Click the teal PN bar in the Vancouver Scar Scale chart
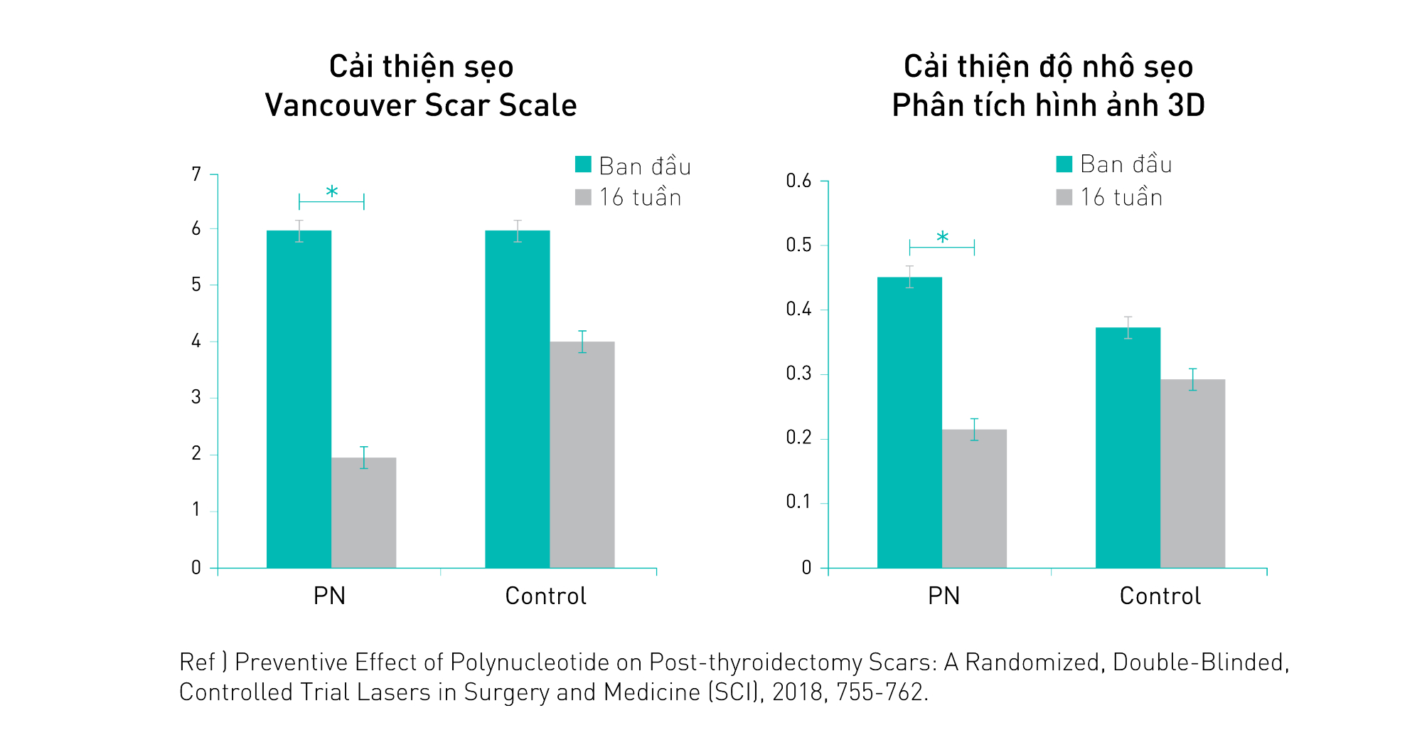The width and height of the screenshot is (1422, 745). point(299,398)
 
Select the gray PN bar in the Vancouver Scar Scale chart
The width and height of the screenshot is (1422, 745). point(363,512)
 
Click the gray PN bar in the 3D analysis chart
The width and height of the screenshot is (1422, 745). point(974,498)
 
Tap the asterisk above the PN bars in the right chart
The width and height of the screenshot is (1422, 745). point(942,238)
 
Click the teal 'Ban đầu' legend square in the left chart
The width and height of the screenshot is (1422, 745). point(583,164)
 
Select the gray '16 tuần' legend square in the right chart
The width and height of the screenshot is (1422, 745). point(1064,197)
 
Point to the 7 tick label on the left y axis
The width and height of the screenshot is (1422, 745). point(196,174)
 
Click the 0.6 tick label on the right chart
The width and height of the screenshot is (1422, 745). point(798,181)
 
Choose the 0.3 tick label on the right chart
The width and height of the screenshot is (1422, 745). point(798,374)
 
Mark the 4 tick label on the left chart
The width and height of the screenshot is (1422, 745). point(196,342)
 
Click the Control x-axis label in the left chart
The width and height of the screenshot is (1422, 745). point(545,596)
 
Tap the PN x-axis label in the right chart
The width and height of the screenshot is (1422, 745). point(943,596)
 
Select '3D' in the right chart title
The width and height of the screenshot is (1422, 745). point(1186,105)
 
